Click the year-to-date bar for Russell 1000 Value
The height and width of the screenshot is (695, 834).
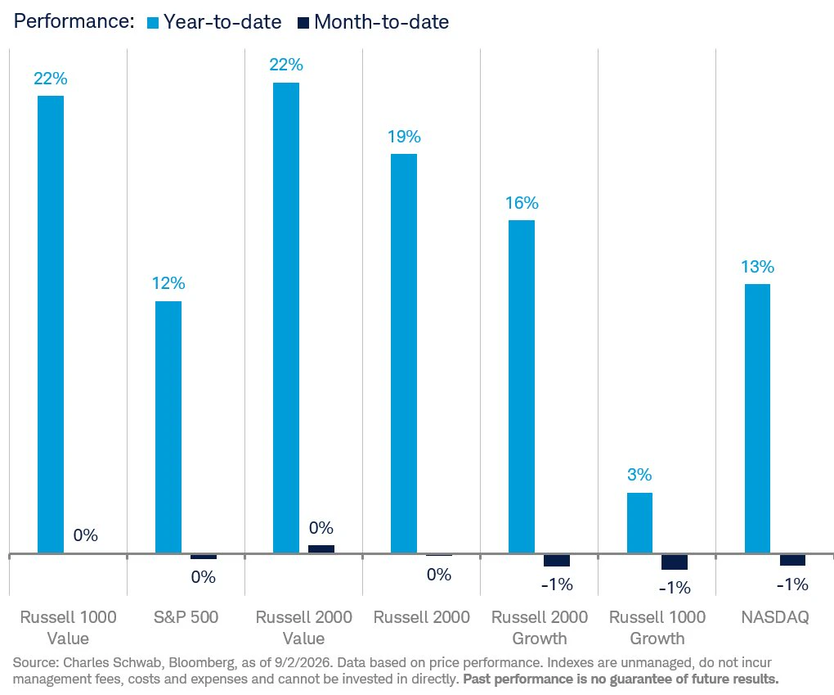point(51,324)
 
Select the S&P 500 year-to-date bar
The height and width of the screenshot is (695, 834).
point(168,427)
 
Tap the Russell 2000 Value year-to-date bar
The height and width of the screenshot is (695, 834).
point(286,318)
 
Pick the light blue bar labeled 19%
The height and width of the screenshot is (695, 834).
point(404,354)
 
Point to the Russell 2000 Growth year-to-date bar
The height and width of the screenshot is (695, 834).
point(522,386)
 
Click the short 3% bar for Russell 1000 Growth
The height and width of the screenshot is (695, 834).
point(639,523)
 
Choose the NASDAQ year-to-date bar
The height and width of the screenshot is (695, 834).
point(757,418)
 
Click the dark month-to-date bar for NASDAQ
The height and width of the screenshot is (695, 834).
point(792,560)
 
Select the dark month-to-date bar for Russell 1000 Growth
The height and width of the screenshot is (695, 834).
point(675,562)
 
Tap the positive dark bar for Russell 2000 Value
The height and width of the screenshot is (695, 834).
point(321,549)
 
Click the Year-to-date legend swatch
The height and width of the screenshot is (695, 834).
point(153,23)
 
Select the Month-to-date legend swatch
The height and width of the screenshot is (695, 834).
point(303,23)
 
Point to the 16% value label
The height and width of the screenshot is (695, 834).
point(522,203)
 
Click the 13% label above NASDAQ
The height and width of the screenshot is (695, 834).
point(757,266)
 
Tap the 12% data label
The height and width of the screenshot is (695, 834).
point(168,283)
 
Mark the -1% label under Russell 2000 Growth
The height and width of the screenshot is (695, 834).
point(557,584)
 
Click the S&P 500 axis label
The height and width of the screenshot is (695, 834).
point(186,617)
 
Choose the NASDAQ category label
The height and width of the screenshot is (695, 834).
point(775,617)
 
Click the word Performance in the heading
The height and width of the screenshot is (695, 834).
point(74,21)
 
